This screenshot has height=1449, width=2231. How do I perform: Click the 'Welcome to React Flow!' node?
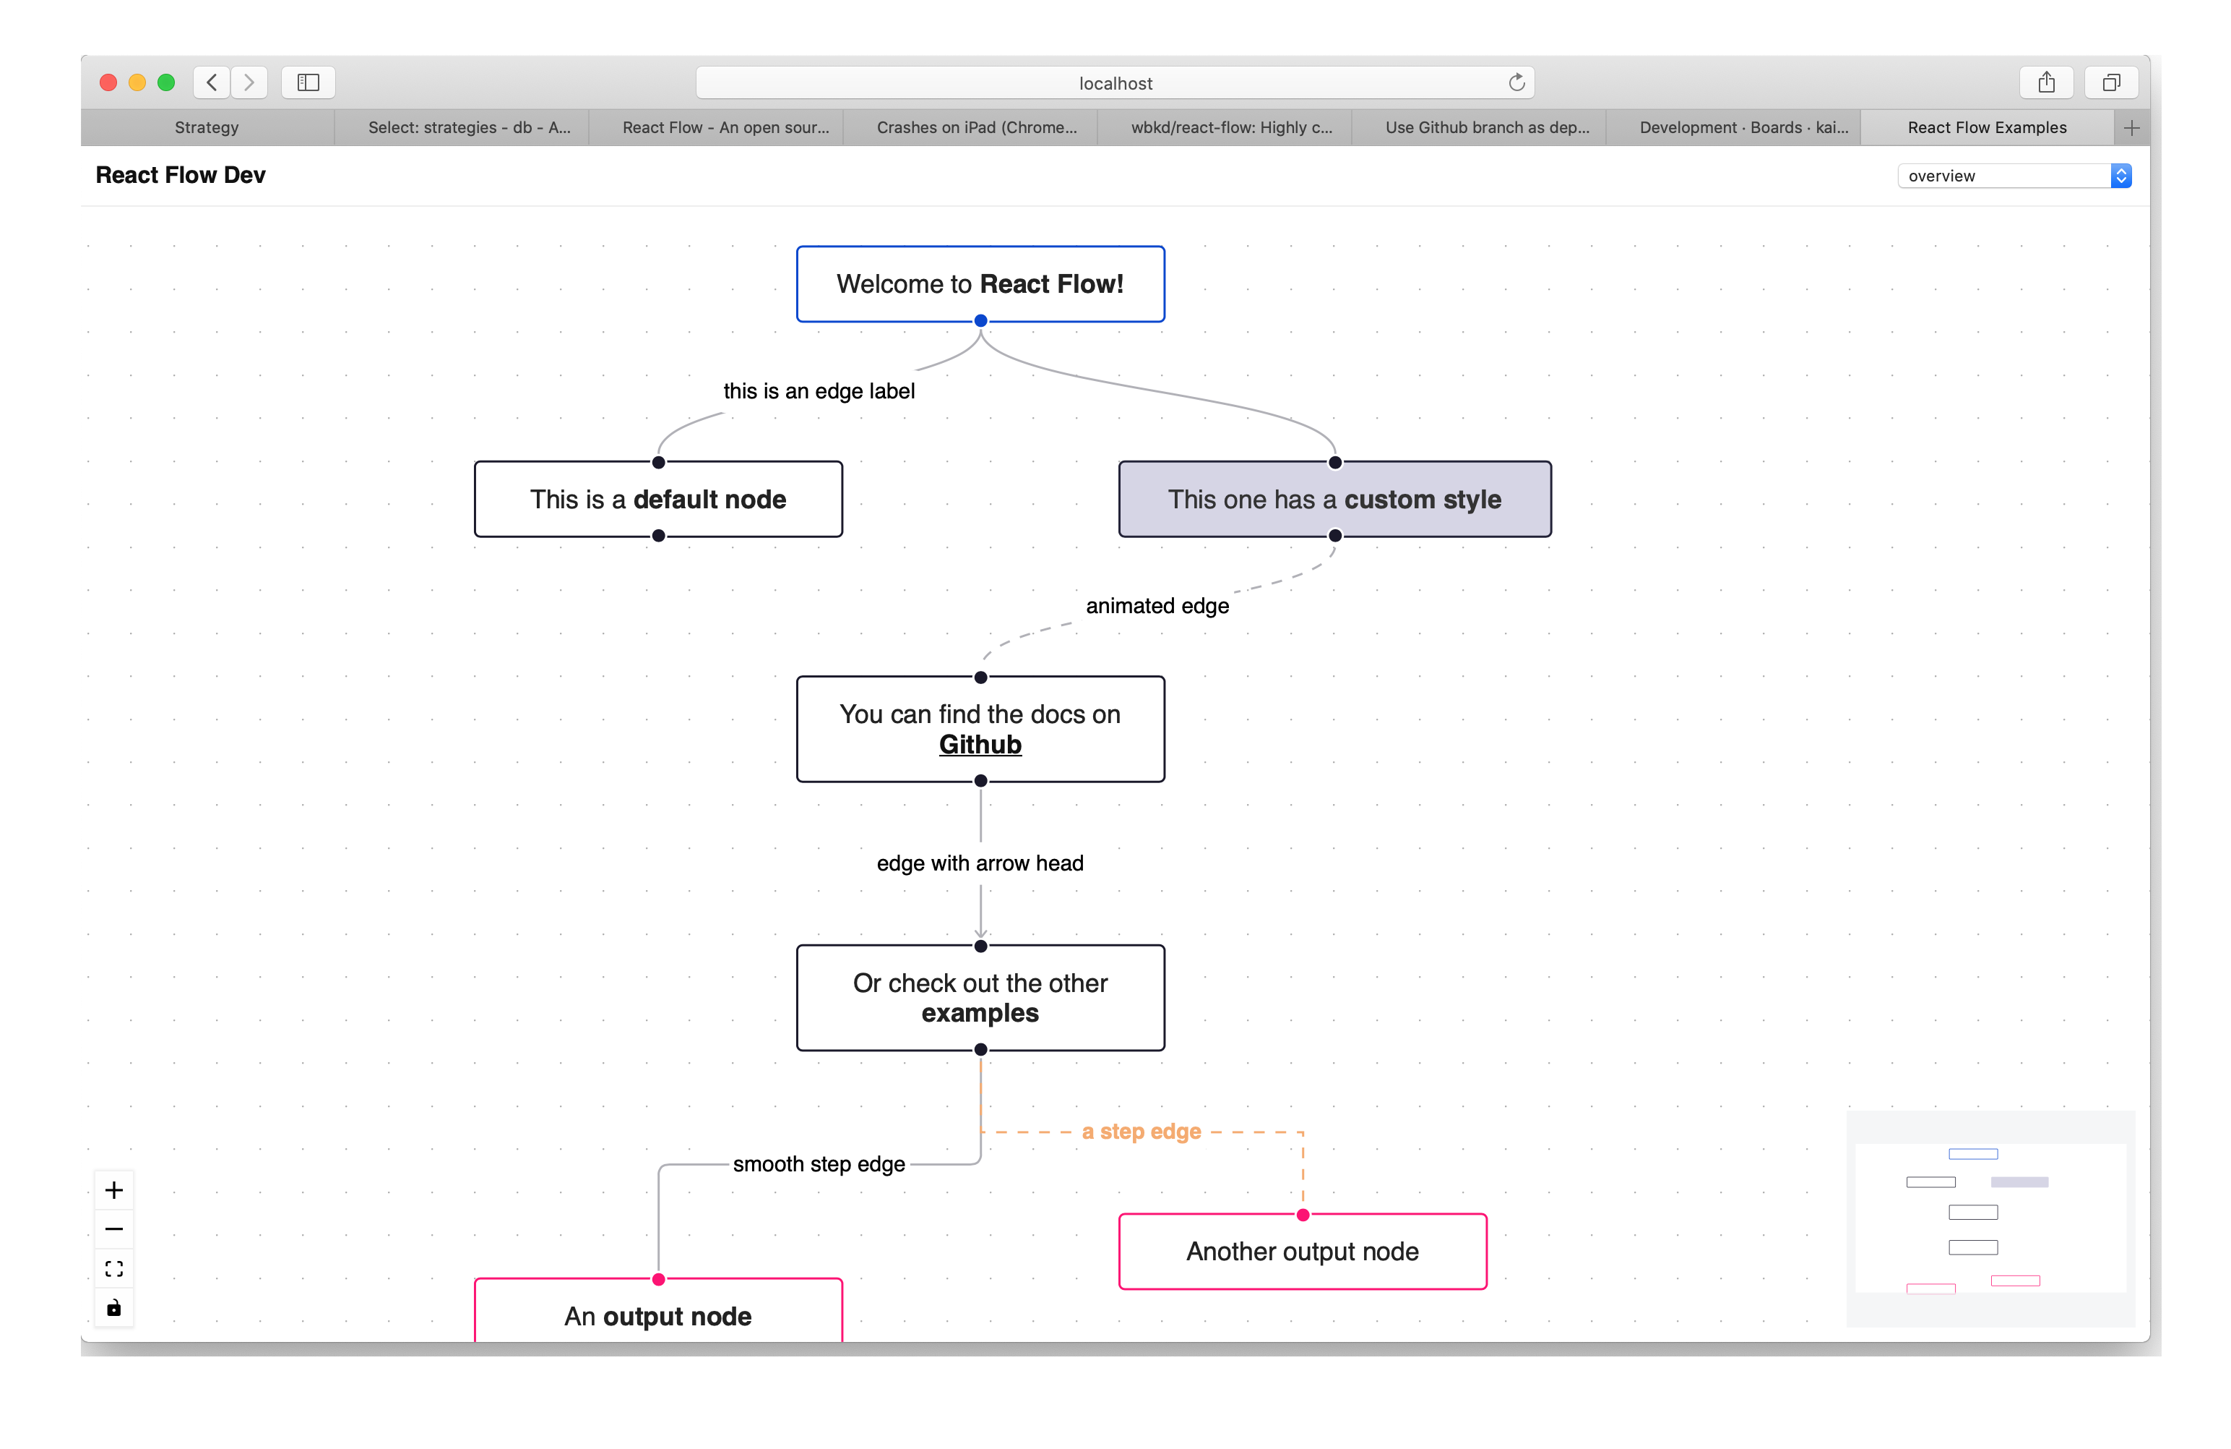980,284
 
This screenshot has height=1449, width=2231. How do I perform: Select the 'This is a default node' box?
657,500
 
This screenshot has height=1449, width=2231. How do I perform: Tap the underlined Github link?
980,745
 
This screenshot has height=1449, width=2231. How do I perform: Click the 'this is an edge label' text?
819,391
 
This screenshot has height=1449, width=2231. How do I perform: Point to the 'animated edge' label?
1157,606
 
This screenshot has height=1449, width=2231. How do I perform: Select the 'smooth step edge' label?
819,1164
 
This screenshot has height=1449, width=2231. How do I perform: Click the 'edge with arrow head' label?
980,863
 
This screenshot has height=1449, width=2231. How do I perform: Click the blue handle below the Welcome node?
980,321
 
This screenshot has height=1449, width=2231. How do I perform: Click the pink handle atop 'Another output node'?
1303,1215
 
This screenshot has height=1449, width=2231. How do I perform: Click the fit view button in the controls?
114,1269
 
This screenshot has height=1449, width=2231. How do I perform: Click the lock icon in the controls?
114,1308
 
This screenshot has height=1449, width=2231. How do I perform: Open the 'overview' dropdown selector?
2014,176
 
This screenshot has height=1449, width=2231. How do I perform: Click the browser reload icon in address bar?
1516,82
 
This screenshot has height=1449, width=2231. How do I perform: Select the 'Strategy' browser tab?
206,127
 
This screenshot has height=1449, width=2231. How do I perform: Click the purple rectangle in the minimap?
2019,1181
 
